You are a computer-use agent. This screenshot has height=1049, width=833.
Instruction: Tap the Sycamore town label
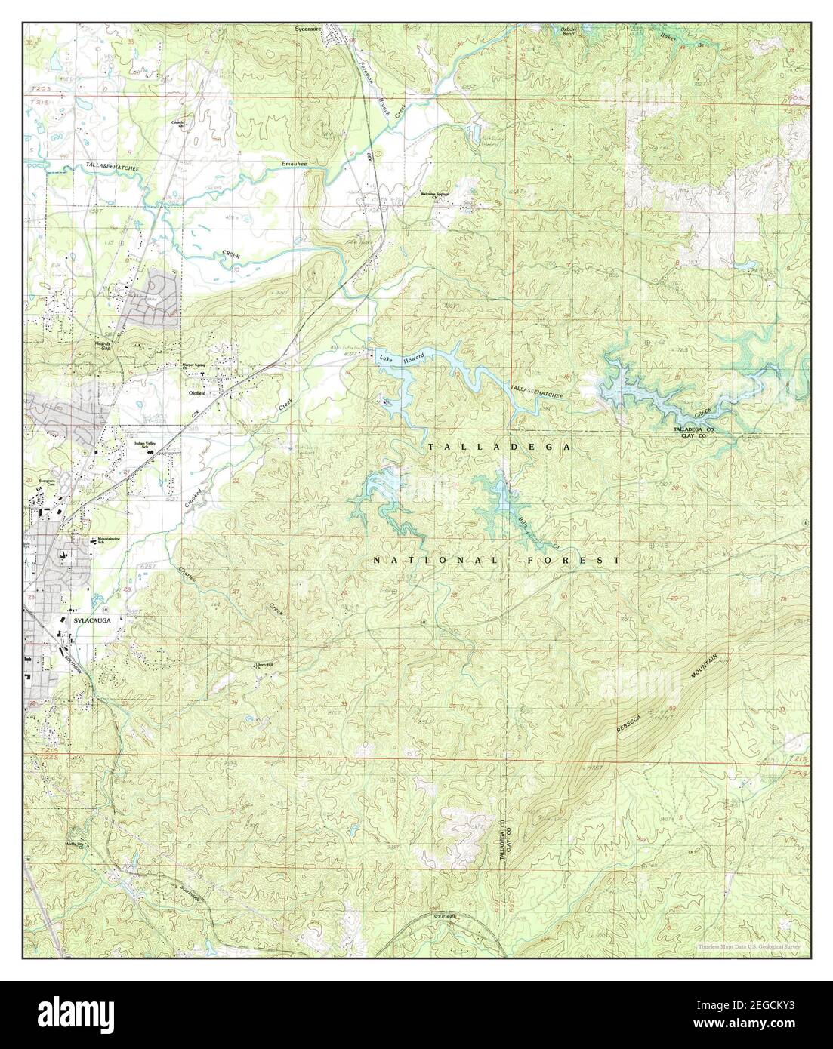(308, 30)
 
